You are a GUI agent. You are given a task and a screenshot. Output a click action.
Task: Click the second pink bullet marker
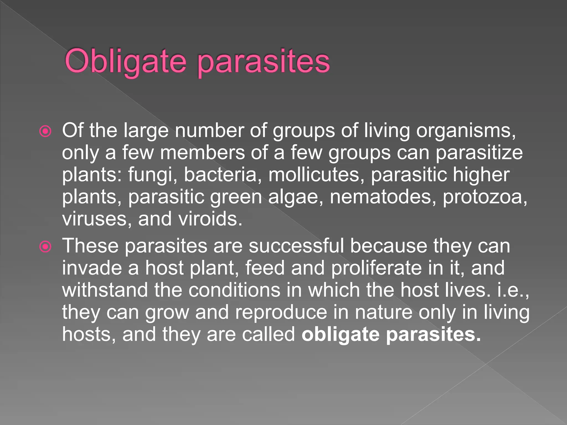[x=45, y=247]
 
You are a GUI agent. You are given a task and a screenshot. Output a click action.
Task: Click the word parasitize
[x=479, y=153]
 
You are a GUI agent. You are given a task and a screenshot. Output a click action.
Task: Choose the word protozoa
[x=485, y=197]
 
